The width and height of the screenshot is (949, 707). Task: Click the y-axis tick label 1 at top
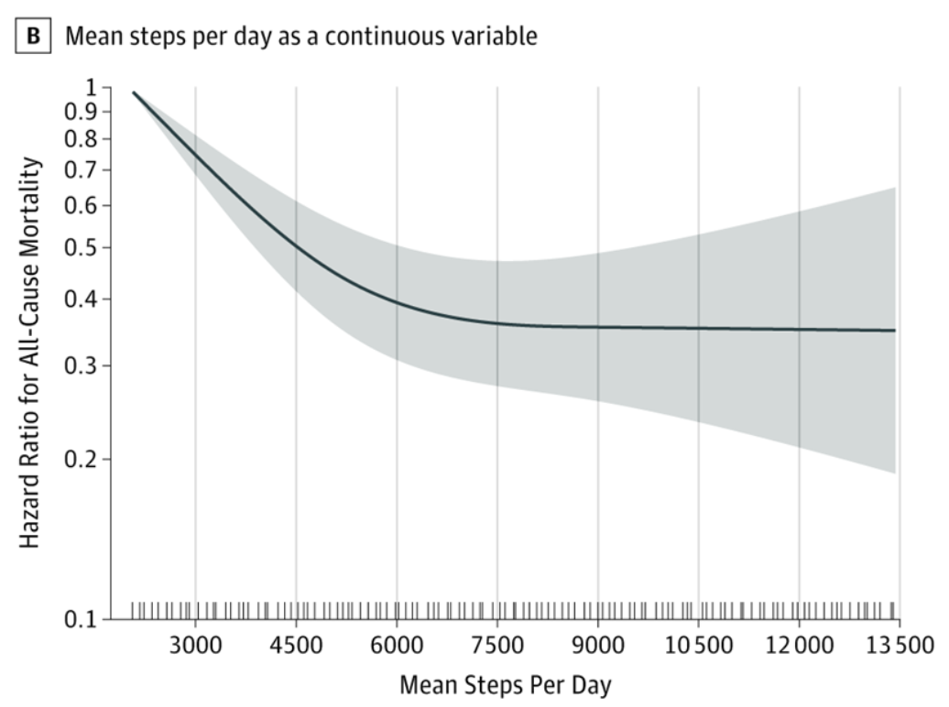(x=90, y=88)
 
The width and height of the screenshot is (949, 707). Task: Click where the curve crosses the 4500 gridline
(x=296, y=246)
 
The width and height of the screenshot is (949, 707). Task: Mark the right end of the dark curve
(x=894, y=331)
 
